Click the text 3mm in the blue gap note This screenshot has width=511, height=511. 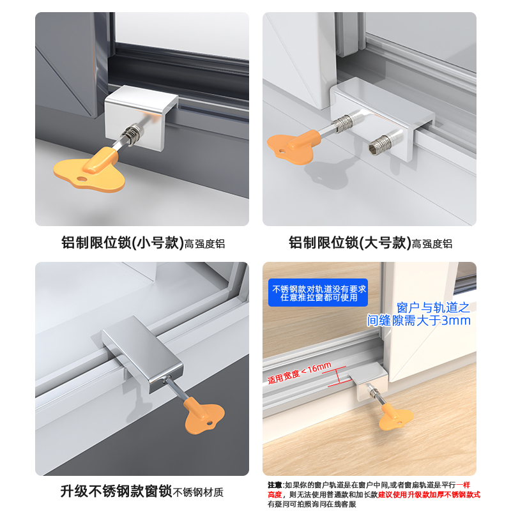tap(455, 320)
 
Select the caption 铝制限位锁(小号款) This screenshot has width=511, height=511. tap(121, 243)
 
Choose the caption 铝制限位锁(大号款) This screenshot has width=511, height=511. tap(349, 243)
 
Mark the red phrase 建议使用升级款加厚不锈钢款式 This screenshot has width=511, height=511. tap(429, 494)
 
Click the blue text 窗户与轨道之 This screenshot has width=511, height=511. tap(433, 307)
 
